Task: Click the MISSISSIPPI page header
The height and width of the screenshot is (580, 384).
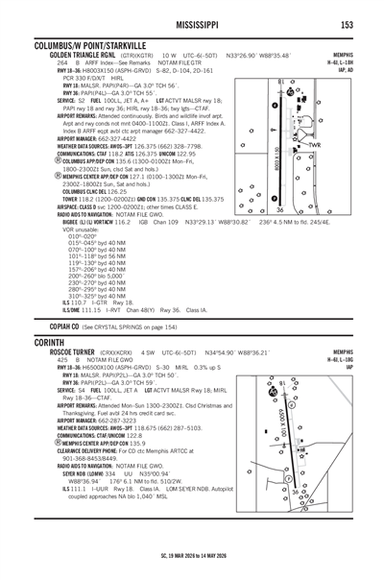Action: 192,23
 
